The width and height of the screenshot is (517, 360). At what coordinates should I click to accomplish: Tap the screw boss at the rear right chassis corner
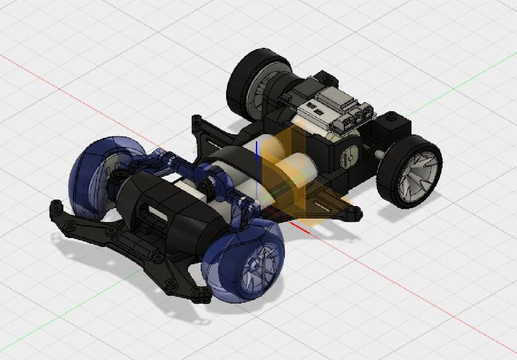(x=391, y=116)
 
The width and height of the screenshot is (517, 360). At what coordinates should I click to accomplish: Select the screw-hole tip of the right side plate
(x=355, y=210)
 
